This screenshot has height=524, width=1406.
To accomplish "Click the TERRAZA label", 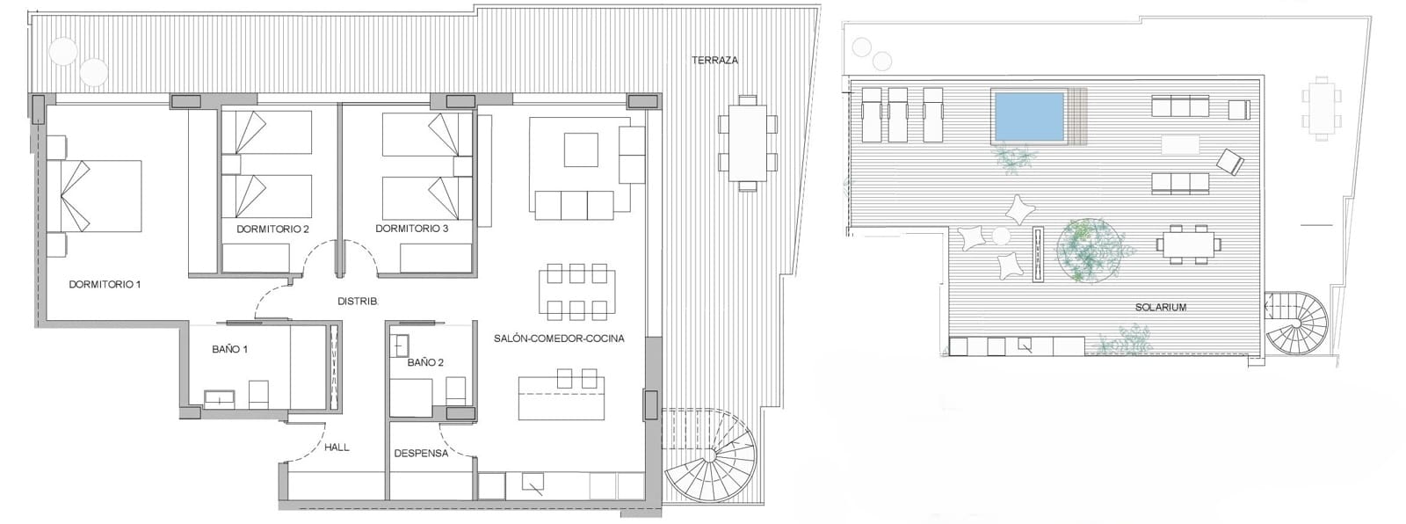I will point(714,61).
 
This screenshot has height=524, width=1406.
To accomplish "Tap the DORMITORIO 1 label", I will point(105,285).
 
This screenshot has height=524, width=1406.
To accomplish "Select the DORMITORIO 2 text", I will point(272,229).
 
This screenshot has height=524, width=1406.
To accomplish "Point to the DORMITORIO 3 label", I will point(411,229).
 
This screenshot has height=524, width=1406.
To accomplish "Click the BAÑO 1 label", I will point(229,349).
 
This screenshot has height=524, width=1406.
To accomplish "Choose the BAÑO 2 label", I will point(425,361).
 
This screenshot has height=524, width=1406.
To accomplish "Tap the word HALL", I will point(337,447).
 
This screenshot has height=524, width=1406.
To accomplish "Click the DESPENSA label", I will point(421,453).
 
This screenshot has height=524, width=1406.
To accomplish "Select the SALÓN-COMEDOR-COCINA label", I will point(559,338).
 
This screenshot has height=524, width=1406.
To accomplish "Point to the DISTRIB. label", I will point(358,302).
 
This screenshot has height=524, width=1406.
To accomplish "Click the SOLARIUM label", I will point(1160,308).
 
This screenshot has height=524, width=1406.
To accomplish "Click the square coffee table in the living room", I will point(581,149).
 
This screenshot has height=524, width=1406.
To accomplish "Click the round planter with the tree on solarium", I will point(1090,251).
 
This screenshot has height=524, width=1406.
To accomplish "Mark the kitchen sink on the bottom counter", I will point(533,483).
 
